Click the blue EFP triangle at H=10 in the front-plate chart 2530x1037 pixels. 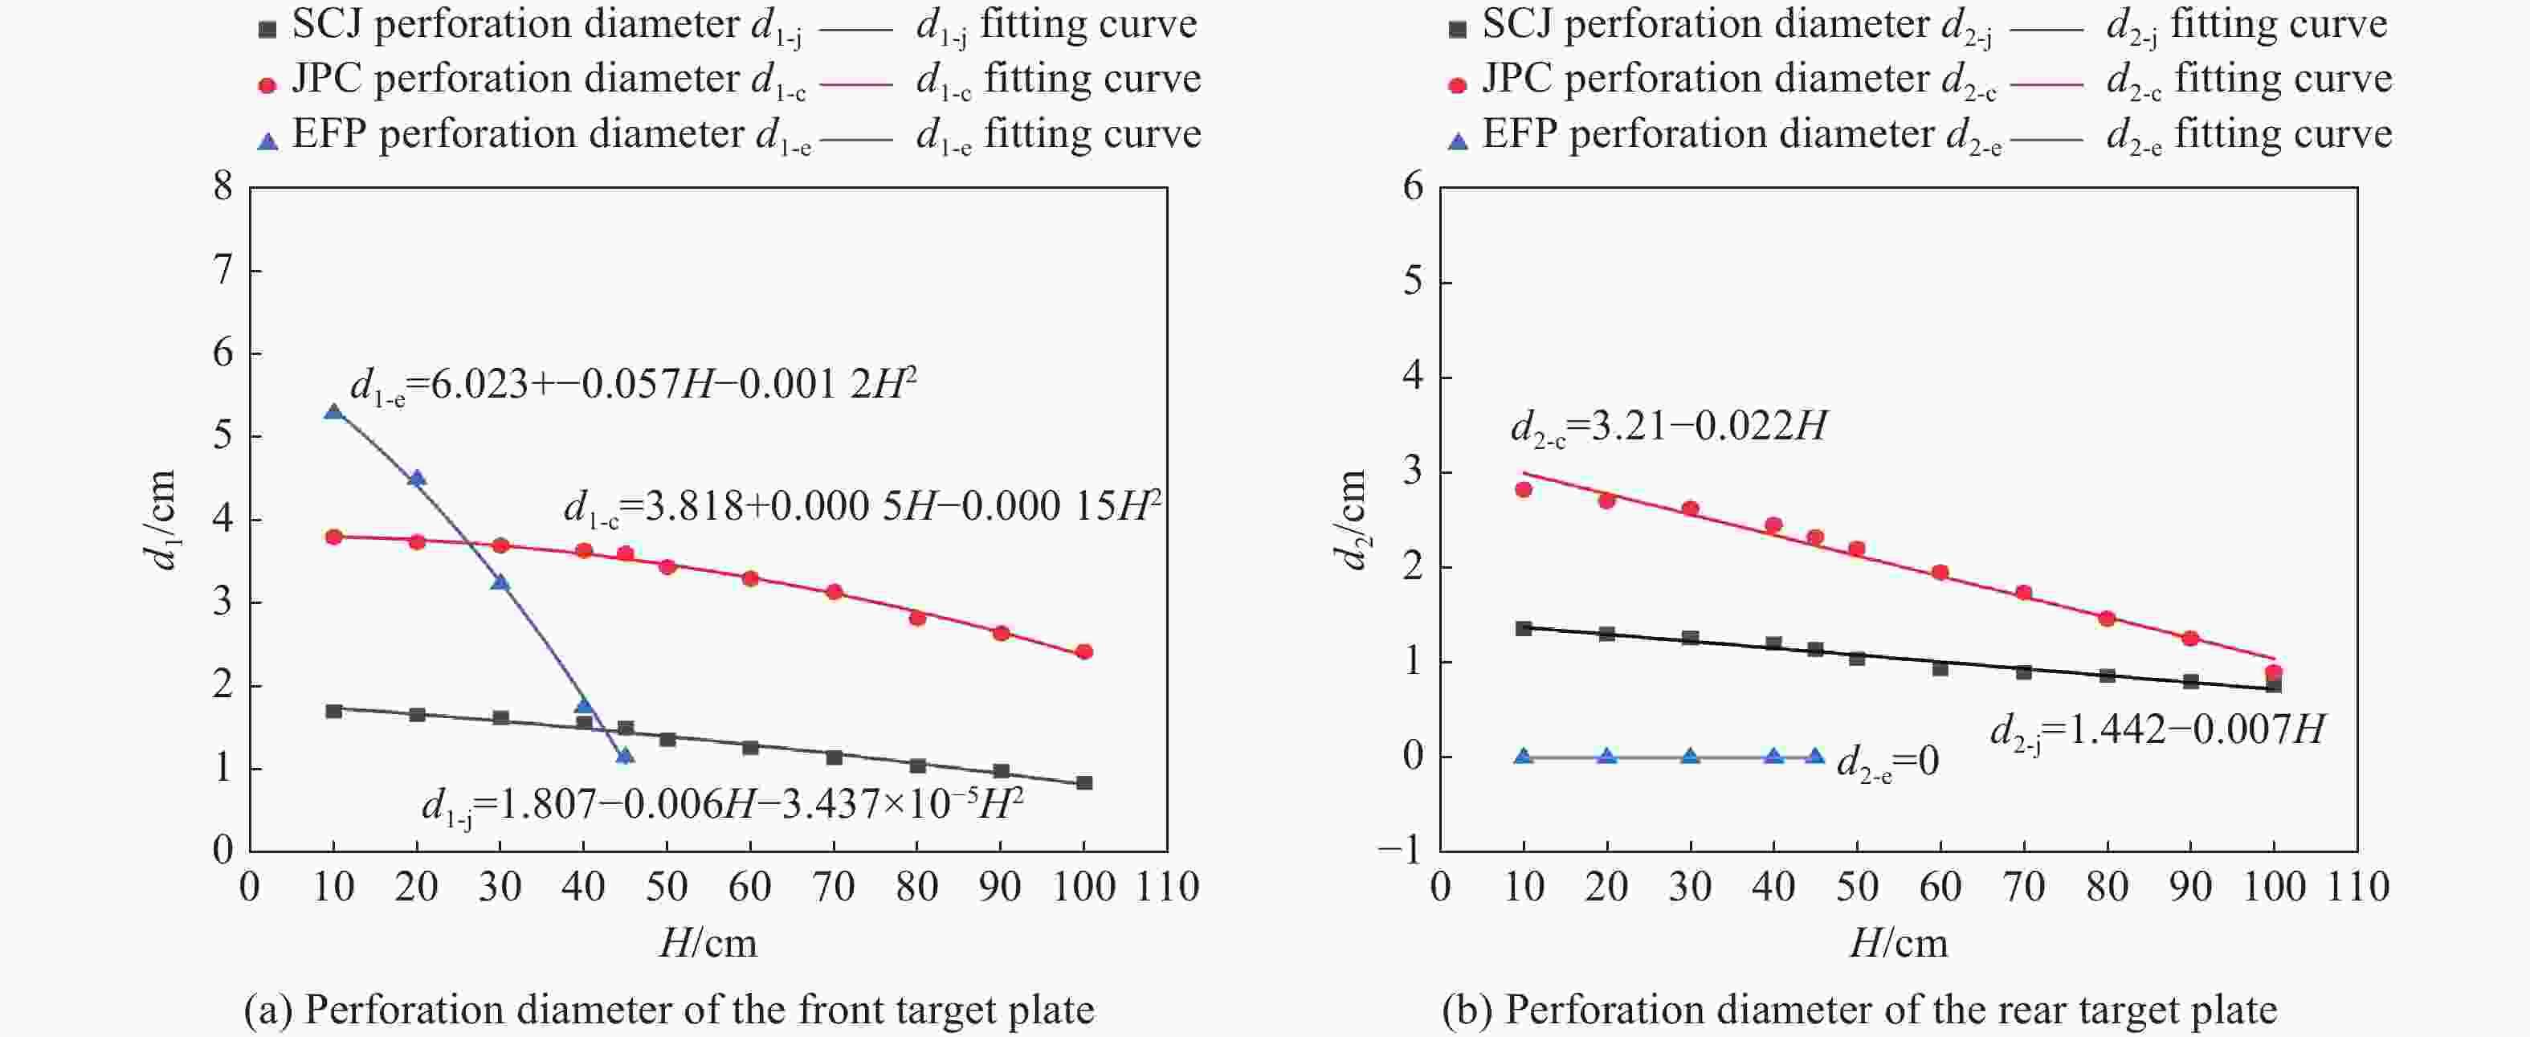[334, 411]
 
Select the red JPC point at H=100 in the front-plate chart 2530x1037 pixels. [1084, 652]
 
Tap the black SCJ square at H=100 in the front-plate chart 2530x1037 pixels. [1084, 782]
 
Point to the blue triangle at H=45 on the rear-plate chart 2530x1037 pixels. [1815, 756]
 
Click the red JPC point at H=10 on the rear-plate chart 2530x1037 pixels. [1524, 489]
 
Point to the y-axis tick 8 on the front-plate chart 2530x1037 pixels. [224, 186]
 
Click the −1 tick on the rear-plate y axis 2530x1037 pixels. [1402, 851]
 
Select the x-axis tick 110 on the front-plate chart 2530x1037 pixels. [1167, 888]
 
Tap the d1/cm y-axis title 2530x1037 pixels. [160, 520]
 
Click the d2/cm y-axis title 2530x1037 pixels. [1352, 520]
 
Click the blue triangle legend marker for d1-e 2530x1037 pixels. [267, 141]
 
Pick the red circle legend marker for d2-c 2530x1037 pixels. [1458, 85]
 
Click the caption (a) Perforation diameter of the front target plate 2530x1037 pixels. [669, 1010]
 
